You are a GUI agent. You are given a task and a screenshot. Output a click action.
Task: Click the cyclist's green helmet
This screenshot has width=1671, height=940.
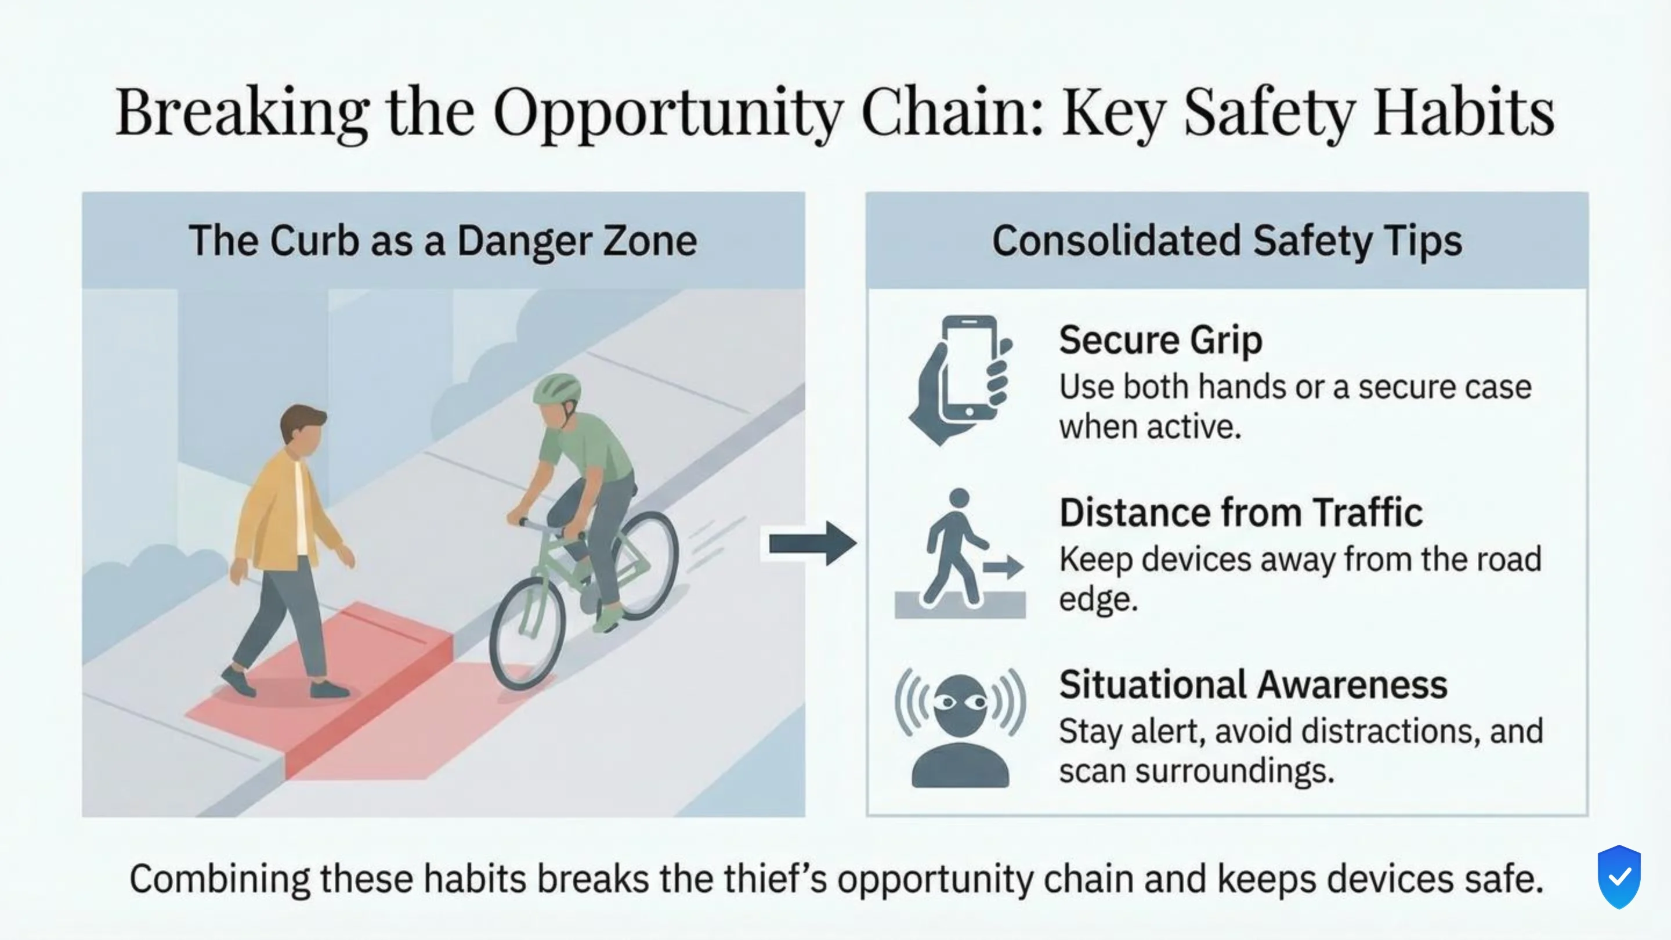coord(557,389)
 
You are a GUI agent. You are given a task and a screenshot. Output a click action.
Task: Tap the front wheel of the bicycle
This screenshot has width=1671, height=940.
coord(527,633)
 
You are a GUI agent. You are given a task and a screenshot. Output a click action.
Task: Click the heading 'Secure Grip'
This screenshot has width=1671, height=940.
coord(1160,340)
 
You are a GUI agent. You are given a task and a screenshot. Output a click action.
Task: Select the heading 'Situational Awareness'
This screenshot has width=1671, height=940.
coord(1253,685)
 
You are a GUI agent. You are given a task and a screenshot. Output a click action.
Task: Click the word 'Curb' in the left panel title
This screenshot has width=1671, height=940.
coord(314,241)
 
